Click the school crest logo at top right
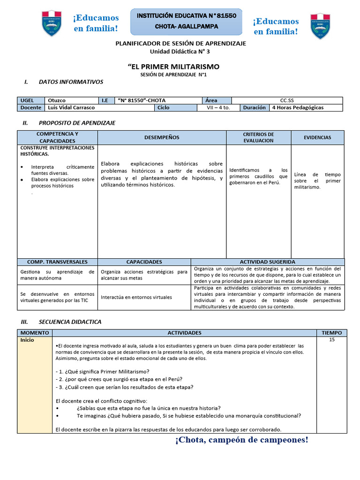pos(320,26)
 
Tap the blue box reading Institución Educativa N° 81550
pos(186,21)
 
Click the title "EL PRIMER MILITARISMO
pos(173,67)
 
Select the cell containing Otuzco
pos(72,100)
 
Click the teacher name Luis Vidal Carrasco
pos(71,107)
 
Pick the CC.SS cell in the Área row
pos(287,100)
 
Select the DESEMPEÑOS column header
pos(162,137)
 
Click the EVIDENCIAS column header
pos(317,137)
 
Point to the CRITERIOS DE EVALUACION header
pos(258,137)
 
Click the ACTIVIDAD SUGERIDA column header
pos(267,262)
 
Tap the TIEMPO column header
pos(332,333)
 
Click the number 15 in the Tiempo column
pos(332,340)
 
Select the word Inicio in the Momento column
pos(27,340)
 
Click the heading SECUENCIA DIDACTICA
pos(70,322)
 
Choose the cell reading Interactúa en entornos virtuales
pos(136,297)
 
